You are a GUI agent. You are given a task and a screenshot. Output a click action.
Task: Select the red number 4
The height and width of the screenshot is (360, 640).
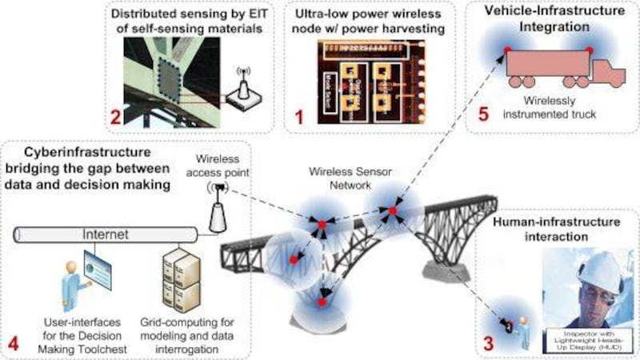(14, 343)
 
